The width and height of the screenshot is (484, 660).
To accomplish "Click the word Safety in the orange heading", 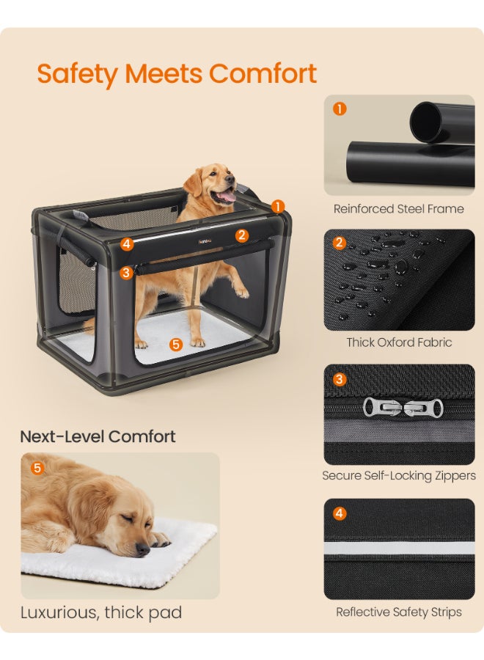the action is click(x=78, y=75).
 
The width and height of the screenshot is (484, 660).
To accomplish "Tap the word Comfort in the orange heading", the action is click(x=263, y=73).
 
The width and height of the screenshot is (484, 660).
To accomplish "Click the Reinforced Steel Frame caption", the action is click(x=398, y=209).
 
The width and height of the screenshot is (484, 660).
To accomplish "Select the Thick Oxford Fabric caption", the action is click(x=399, y=342).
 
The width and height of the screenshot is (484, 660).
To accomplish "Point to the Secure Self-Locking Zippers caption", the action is click(x=399, y=476).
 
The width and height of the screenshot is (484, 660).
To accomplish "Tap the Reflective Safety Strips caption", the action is click(x=399, y=612).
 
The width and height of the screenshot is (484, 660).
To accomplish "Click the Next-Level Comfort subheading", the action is click(x=98, y=436).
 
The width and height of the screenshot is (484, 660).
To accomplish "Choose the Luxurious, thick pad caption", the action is click(x=101, y=612).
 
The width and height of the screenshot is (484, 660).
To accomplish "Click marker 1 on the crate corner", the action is click(x=278, y=206).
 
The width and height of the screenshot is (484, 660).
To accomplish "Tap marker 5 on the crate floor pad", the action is click(x=176, y=345).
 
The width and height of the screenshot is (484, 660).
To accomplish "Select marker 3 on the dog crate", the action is click(x=126, y=273).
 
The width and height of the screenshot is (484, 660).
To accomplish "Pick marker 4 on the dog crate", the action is click(x=127, y=243).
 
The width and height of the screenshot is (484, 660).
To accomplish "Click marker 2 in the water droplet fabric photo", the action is click(x=340, y=243).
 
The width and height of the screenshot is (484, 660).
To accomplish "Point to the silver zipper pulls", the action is click(x=403, y=408).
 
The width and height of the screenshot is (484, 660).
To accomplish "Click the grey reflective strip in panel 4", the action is click(x=399, y=548).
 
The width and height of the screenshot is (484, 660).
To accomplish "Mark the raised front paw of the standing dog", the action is click(x=241, y=292).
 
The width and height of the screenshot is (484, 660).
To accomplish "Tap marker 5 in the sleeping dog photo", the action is click(x=37, y=468).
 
